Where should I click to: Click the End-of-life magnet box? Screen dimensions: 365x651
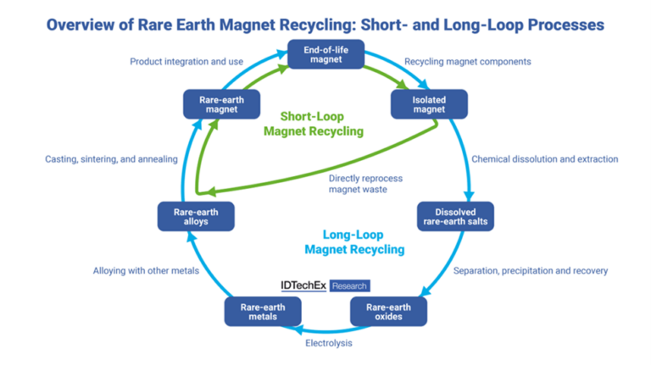[x=325, y=55]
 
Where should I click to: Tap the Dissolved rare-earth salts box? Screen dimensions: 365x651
[x=455, y=217]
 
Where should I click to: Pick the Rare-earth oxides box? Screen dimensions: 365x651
[x=388, y=312]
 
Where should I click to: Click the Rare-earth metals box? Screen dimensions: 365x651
[x=263, y=312]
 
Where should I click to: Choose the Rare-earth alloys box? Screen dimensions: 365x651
[x=196, y=217]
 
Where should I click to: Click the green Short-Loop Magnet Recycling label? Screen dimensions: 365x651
[x=313, y=124]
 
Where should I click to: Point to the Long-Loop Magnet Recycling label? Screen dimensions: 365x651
[x=353, y=241]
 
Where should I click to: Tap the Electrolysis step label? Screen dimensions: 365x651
[x=328, y=344]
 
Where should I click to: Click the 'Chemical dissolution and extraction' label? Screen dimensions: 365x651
[x=544, y=159]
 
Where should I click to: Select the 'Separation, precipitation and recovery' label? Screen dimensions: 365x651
[x=531, y=271]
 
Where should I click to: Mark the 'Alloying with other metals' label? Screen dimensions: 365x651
[x=146, y=271]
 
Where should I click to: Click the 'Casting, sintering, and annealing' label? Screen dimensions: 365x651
[x=111, y=159]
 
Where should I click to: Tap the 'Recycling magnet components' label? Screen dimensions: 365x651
[x=468, y=62]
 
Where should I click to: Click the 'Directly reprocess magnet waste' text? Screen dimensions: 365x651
[x=365, y=184]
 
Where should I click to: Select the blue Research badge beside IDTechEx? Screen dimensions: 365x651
[x=349, y=286]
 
